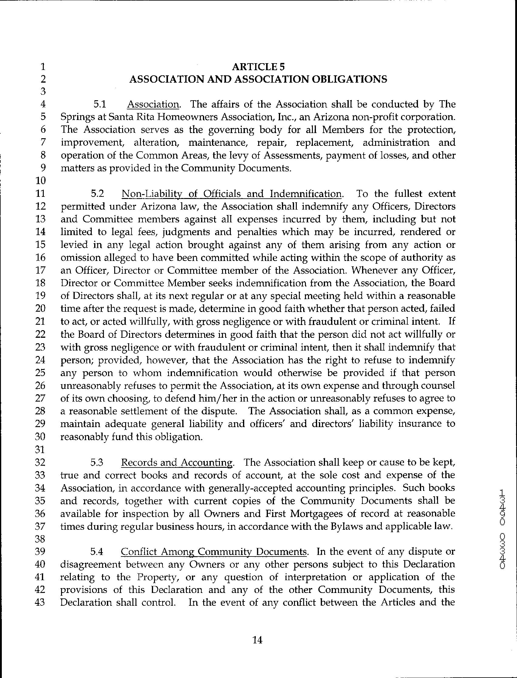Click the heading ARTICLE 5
[x=258, y=67]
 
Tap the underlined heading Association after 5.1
[x=153, y=104]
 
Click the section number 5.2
[x=98, y=194]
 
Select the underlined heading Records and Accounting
[x=177, y=463]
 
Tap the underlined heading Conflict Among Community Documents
[x=214, y=552]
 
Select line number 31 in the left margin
[x=41, y=450]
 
